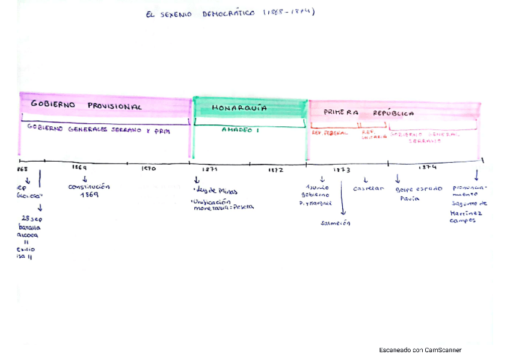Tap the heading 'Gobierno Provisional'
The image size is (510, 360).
(x=86, y=106)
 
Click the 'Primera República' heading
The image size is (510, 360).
(x=369, y=112)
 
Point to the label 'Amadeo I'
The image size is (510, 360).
(x=241, y=129)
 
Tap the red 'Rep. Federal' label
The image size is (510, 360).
(x=330, y=133)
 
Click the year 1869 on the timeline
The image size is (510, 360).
(x=79, y=168)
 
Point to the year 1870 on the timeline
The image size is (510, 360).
(x=149, y=169)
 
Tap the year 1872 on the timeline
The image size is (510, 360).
(x=276, y=170)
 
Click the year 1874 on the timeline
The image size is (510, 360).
(x=428, y=168)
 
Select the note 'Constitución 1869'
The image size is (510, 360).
(x=89, y=191)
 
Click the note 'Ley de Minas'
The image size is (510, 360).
(x=217, y=192)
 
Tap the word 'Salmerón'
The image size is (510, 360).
(x=336, y=223)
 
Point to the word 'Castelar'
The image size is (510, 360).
(x=369, y=189)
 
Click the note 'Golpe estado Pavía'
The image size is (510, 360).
(x=419, y=193)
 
